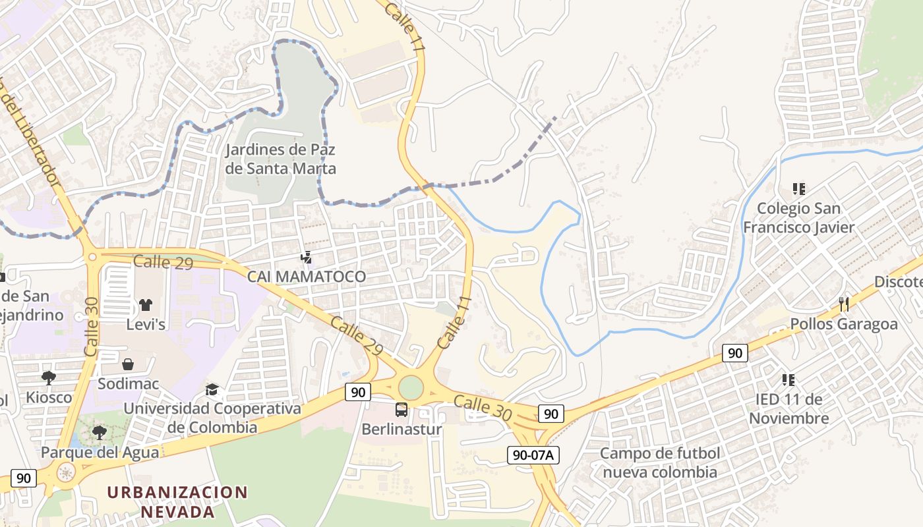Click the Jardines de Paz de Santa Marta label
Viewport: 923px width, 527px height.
280,159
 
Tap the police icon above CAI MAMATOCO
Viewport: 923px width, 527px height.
306,256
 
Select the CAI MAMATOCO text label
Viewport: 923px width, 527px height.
306,276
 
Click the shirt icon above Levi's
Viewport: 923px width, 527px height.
145,304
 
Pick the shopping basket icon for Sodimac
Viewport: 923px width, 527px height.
128,364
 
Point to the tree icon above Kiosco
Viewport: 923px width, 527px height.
48,377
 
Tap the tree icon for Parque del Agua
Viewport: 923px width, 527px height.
99,433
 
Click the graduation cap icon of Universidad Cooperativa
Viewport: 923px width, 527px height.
212,389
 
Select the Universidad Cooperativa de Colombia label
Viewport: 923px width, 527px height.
212,418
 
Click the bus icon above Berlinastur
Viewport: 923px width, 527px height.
401,410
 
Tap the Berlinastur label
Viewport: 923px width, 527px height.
401,430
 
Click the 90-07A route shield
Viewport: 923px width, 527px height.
533,455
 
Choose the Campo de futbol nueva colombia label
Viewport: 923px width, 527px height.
660,462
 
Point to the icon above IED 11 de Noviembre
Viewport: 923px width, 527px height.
788,379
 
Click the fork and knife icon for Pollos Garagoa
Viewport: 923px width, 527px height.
843,304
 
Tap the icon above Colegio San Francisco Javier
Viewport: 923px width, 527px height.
799,189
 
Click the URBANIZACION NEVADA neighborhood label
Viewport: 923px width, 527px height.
177,501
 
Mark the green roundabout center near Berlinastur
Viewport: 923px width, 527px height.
410,387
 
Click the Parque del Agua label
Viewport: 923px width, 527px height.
100,453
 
